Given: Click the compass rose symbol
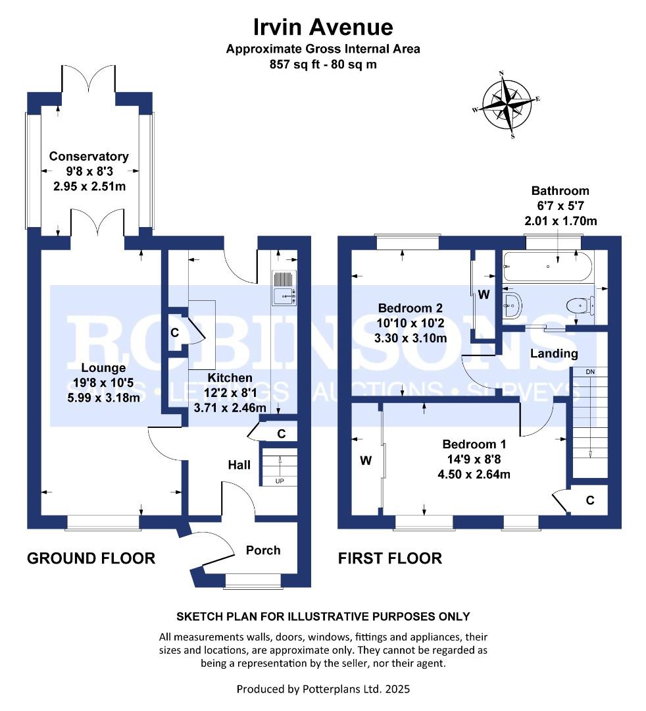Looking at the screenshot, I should point(507,104).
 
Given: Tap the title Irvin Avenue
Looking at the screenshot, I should point(323,27).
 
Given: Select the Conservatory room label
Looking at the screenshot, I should point(89,157).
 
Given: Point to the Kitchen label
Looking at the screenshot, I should point(230,378).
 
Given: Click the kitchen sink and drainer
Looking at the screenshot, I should point(284,289).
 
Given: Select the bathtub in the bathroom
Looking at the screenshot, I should point(547,267).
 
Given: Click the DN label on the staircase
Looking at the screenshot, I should point(589,372).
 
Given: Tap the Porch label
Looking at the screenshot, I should point(263,550).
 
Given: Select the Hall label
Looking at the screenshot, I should point(239,465).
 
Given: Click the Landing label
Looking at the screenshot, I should point(555,354).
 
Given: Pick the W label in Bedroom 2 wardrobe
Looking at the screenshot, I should point(484,295).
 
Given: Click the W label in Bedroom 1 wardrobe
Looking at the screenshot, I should point(366,461).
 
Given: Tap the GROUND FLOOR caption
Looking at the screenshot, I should point(91,558).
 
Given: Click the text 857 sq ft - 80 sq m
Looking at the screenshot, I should point(323,65).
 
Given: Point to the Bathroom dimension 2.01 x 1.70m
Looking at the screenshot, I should point(560,221).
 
